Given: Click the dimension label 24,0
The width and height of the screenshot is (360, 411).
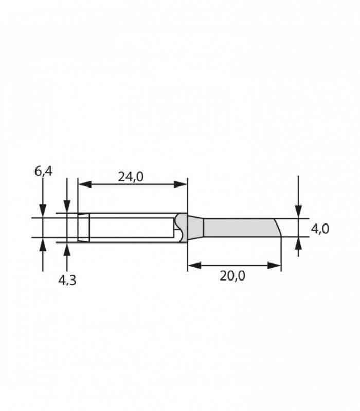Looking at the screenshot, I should (x=131, y=177).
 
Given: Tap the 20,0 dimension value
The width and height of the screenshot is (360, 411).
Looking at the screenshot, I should (x=232, y=276).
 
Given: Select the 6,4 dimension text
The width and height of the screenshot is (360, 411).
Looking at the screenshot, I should (x=44, y=171).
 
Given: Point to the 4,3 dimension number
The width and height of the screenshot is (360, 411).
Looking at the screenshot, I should (x=67, y=280).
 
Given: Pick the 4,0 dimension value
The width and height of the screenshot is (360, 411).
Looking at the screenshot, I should (x=320, y=229).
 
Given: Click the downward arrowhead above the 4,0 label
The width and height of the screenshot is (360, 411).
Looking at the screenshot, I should (x=298, y=212).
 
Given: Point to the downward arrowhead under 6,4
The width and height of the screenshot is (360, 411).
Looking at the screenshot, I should (x=43, y=211).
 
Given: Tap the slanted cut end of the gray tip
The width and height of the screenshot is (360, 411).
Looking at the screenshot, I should (x=277, y=228).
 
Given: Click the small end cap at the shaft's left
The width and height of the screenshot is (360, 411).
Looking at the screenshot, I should (x=83, y=227).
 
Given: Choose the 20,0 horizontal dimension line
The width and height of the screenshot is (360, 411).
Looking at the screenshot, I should (x=235, y=266).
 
